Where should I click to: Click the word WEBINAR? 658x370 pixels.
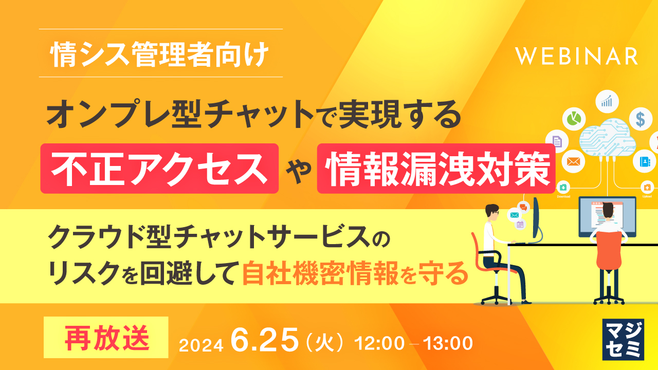tap(577, 56)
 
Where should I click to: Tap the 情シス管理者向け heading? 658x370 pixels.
tap(160, 55)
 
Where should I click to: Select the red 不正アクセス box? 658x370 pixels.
tap(159, 168)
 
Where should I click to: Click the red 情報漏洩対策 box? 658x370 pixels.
tap(436, 168)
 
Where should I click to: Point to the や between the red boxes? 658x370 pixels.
tap(298, 169)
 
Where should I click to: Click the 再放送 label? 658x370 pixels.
tap(106, 337)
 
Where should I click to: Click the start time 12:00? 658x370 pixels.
tap(387, 342)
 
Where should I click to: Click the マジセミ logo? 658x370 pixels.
tap(623, 339)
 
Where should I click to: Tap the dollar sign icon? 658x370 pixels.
tap(640, 119)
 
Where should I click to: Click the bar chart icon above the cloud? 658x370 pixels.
tap(607, 100)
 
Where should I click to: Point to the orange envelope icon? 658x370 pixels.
tap(573, 161)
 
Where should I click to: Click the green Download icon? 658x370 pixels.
tap(563, 187)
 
